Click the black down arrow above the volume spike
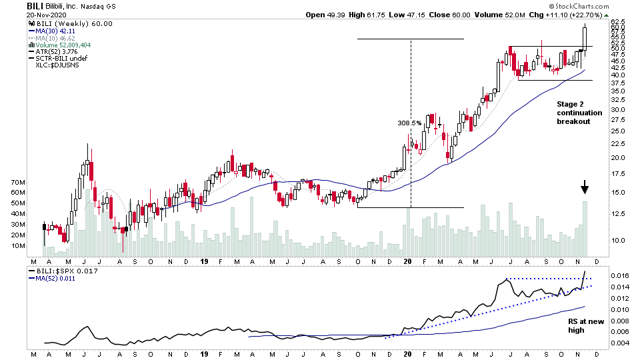pyautogui.click(x=585, y=187)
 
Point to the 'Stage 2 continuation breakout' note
pyautogui.click(x=579, y=113)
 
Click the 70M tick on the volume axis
pyautogui.click(x=18, y=182)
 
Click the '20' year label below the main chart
pyautogui.click(x=407, y=262)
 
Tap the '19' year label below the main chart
pyautogui.click(x=205, y=262)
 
